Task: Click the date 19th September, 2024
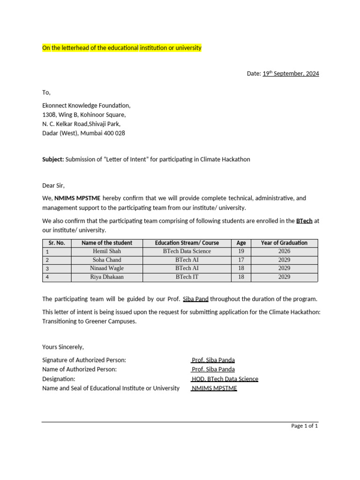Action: point(291,74)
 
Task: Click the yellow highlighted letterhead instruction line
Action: point(122,48)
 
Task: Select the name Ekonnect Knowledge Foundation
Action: point(86,105)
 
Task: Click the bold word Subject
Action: point(53,159)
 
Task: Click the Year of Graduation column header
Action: point(284,243)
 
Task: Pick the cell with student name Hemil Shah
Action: point(107,251)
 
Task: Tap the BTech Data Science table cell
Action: point(187,251)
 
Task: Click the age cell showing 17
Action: point(241,260)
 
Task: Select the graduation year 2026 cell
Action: point(284,251)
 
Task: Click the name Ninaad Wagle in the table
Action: point(107,268)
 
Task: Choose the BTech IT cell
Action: point(187,277)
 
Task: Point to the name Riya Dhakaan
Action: point(107,277)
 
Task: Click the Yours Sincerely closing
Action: point(63,347)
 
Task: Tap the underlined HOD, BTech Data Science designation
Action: point(225,379)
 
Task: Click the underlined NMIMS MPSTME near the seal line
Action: point(214,388)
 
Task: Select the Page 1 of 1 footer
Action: point(304,426)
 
